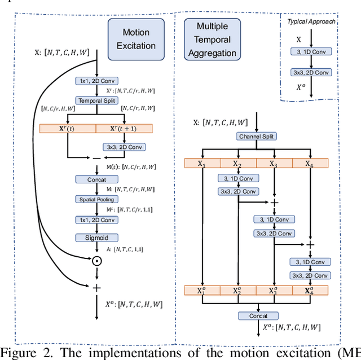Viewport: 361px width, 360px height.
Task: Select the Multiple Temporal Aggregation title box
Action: click(x=212, y=39)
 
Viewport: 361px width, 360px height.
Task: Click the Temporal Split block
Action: click(x=96, y=100)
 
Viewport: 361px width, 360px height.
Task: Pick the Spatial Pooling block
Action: click(x=96, y=199)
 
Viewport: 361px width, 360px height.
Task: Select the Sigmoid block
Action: click(x=96, y=238)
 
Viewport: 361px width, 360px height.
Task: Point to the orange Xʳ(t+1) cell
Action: click(x=124, y=129)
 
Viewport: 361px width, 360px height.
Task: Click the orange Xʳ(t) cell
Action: click(x=68, y=129)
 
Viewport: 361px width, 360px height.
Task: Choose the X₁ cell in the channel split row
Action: click(x=201, y=164)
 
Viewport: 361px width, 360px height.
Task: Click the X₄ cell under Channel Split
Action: click(x=310, y=164)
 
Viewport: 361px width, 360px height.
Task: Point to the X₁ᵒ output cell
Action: click(x=201, y=291)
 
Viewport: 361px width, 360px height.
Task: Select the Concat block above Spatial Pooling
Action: click(x=96, y=179)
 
